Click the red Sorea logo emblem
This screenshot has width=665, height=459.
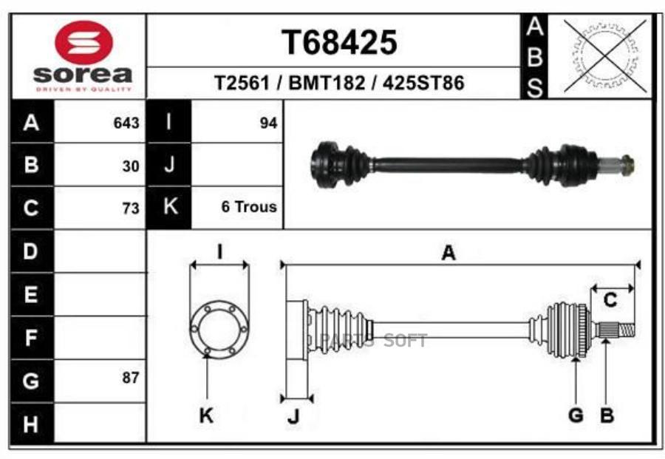pos(84,43)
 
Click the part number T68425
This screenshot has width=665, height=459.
pos(339,43)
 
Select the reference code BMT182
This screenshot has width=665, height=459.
pos(327,83)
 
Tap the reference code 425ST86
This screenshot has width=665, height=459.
pos(423,83)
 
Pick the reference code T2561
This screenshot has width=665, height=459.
pos(242,83)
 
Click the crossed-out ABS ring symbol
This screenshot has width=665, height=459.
pos(605,55)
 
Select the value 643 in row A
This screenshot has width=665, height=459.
pos(126,123)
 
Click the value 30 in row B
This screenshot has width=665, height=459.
pos(131,166)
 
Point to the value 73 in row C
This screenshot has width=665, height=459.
pos(131,208)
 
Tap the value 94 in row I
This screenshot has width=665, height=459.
pos(268,123)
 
